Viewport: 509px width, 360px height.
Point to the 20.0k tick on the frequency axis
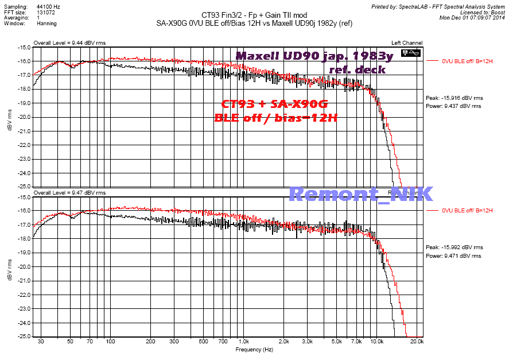pyautogui.click(x=417, y=342)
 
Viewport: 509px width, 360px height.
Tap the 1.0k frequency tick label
pyautogui.click(x=243, y=342)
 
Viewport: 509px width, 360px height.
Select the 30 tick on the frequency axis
pyautogui.click(x=40, y=342)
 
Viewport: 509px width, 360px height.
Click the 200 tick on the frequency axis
pyautogui.click(x=151, y=342)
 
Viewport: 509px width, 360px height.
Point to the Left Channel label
pyautogui.click(x=407, y=43)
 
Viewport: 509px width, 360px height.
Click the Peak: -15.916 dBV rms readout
pyautogui.click(x=453, y=98)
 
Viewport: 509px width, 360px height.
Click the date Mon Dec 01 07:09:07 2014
pyautogui.click(x=472, y=17)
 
